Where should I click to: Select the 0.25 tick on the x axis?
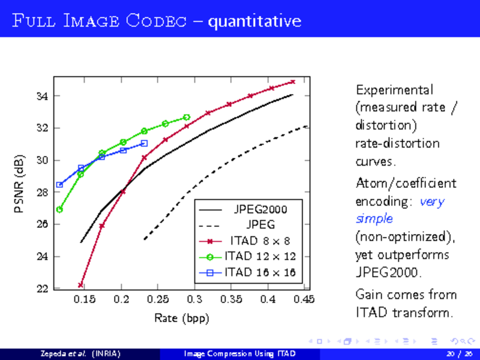[158, 299]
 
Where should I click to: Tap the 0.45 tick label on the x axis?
[304, 299]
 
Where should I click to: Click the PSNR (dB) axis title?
[20, 184]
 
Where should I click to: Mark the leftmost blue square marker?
[59, 185]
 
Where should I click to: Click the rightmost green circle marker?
[187, 117]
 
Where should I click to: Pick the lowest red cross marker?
[80, 285]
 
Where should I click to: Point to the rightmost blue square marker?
[144, 143]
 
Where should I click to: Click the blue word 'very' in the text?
[432, 202]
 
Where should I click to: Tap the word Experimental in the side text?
[394, 90]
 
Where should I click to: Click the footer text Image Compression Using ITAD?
[239, 353]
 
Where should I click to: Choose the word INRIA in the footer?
[105, 353]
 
